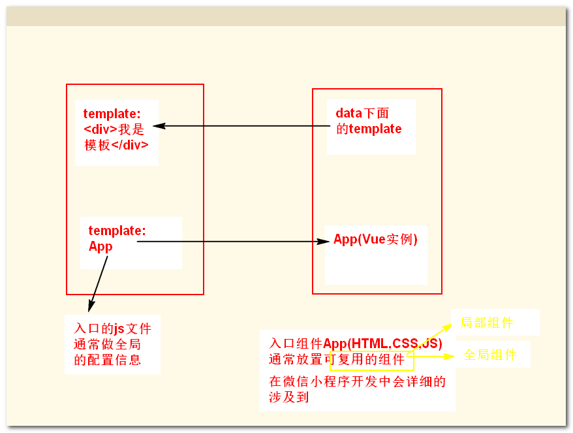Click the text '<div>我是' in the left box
click(112, 129)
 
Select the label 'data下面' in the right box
click(363, 113)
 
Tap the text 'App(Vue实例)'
click(375, 239)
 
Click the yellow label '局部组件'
click(487, 323)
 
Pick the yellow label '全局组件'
click(490, 355)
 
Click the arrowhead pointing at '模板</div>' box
click(158, 126)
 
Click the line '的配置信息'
click(108, 360)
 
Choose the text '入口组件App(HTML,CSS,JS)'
click(356, 344)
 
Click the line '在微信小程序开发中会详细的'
click(358, 381)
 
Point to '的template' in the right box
click(369, 129)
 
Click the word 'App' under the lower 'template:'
click(101, 246)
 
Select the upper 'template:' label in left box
click(112, 114)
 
